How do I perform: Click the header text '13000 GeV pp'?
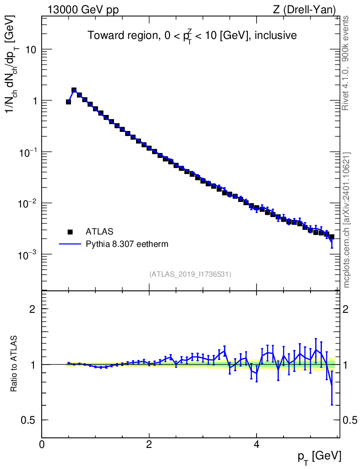click(x=83, y=10)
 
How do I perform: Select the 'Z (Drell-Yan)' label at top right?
click(x=304, y=10)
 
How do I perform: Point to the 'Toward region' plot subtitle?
click(x=123, y=35)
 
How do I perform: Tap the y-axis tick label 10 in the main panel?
click(x=30, y=49)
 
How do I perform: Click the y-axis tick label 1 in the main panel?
click(x=34, y=101)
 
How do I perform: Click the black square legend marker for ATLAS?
click(x=70, y=232)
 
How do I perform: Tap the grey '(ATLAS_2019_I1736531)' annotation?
click(x=190, y=274)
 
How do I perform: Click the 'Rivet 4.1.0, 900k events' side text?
click(x=345, y=63)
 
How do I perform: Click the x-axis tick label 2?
click(x=149, y=444)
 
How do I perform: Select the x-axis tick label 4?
click(x=256, y=444)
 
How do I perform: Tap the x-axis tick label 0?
click(x=42, y=444)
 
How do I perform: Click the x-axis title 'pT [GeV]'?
click(x=319, y=457)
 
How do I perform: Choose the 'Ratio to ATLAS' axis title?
click(x=13, y=364)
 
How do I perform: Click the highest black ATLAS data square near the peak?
click(x=74, y=90)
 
